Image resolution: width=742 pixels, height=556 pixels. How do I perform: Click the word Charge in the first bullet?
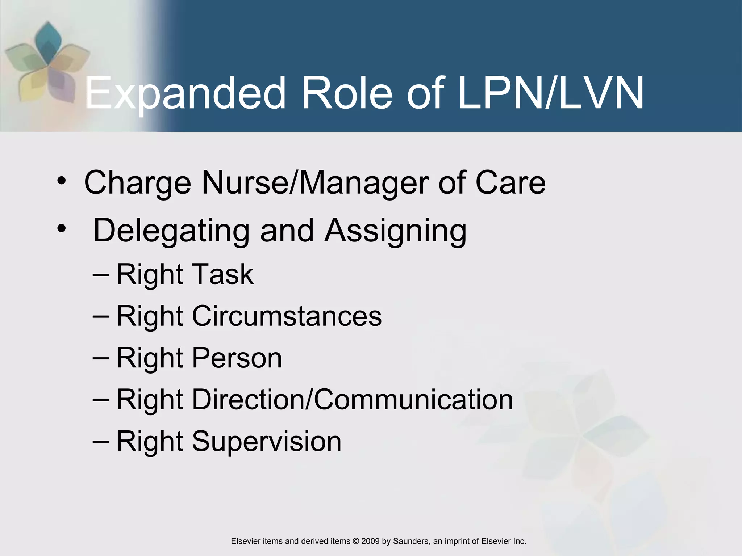pos(138,183)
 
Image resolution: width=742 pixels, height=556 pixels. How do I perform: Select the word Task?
pos(222,274)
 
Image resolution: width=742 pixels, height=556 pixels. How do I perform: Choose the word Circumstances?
pos(287,316)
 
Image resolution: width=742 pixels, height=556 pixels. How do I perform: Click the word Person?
pos(237,358)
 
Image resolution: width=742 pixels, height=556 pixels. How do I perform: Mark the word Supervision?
pos(267,441)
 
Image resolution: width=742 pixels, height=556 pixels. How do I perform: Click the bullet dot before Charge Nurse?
pos(62,181)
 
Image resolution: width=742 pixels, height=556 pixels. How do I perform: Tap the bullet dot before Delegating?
pos(62,228)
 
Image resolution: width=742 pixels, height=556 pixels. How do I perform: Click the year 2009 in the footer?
pos(370,541)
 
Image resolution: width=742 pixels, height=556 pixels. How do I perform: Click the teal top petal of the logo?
pos(48,40)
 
